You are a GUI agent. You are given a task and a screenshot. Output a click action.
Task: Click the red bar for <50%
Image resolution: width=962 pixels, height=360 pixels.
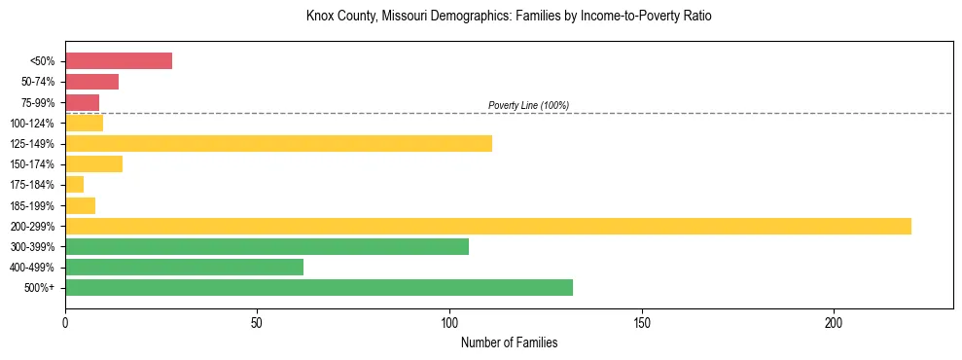coord(119,61)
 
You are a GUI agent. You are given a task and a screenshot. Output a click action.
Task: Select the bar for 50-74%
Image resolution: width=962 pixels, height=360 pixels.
coord(91,82)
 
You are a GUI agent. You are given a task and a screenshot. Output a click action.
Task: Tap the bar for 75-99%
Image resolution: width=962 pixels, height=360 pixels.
coord(82,102)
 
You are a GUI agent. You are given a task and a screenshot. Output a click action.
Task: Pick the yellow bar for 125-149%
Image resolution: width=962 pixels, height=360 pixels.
coord(278,144)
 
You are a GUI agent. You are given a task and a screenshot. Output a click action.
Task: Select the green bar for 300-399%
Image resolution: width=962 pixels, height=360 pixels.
coord(267,246)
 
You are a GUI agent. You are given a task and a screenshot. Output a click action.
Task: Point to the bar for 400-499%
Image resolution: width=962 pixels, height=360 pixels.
coord(184,267)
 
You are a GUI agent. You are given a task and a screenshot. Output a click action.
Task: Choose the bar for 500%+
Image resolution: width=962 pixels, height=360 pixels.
coord(319,287)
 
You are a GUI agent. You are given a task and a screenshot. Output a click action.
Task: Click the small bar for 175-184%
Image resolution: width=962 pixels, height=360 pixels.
coord(74,185)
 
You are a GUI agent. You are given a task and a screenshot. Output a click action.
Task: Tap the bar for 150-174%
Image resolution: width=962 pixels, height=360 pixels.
coord(93,164)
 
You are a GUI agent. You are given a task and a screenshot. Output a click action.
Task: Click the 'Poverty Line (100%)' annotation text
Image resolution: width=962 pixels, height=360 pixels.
coord(528,105)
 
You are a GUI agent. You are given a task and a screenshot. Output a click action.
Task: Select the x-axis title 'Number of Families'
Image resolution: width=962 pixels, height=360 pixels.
coord(509,342)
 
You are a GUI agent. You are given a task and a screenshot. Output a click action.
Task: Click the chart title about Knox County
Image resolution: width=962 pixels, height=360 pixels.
coord(509,17)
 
